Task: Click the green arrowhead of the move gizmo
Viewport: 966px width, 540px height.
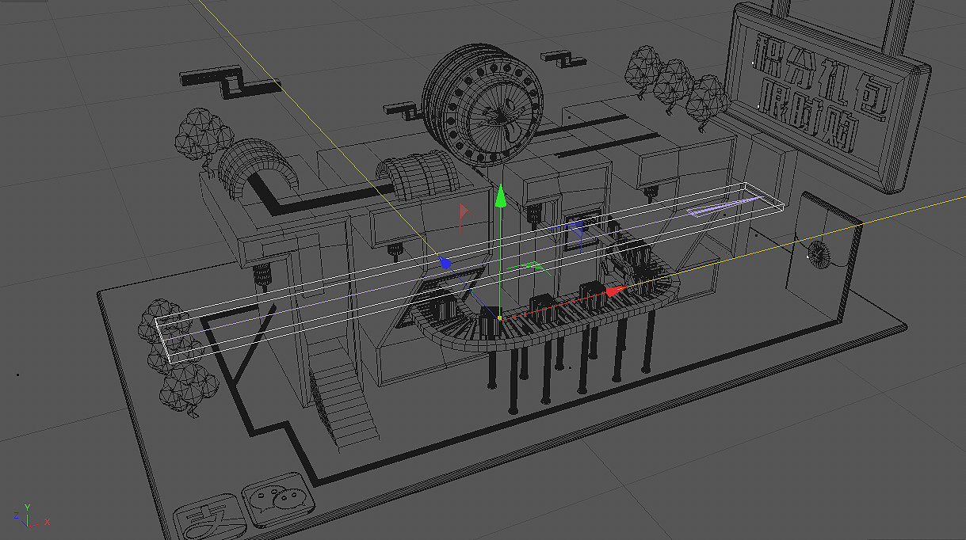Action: pos(500,196)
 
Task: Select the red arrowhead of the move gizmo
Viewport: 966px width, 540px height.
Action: pos(617,291)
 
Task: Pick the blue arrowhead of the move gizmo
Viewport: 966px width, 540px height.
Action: pos(446,262)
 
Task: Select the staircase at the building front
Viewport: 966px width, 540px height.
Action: pos(342,400)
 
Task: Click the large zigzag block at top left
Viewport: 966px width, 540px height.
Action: pos(230,83)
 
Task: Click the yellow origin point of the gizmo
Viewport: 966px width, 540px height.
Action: pos(500,318)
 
